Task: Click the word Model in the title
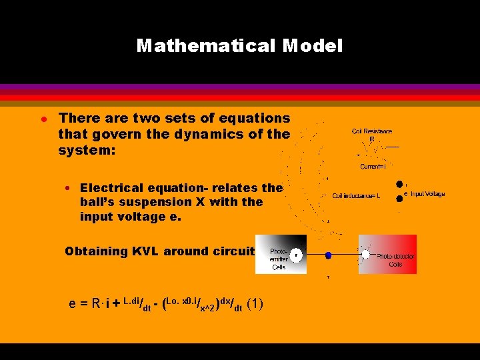click(x=312, y=45)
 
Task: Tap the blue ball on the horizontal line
click(x=328, y=255)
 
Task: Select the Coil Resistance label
click(x=372, y=131)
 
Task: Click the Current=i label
click(x=373, y=167)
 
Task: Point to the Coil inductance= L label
click(x=356, y=196)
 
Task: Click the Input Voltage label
click(x=427, y=194)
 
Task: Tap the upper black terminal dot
click(x=399, y=184)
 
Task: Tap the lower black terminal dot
click(x=399, y=198)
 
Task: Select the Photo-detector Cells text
click(x=395, y=260)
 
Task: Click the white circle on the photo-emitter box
click(x=296, y=254)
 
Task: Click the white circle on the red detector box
click(x=365, y=254)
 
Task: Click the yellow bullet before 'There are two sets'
click(x=41, y=118)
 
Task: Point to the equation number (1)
click(x=255, y=304)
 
